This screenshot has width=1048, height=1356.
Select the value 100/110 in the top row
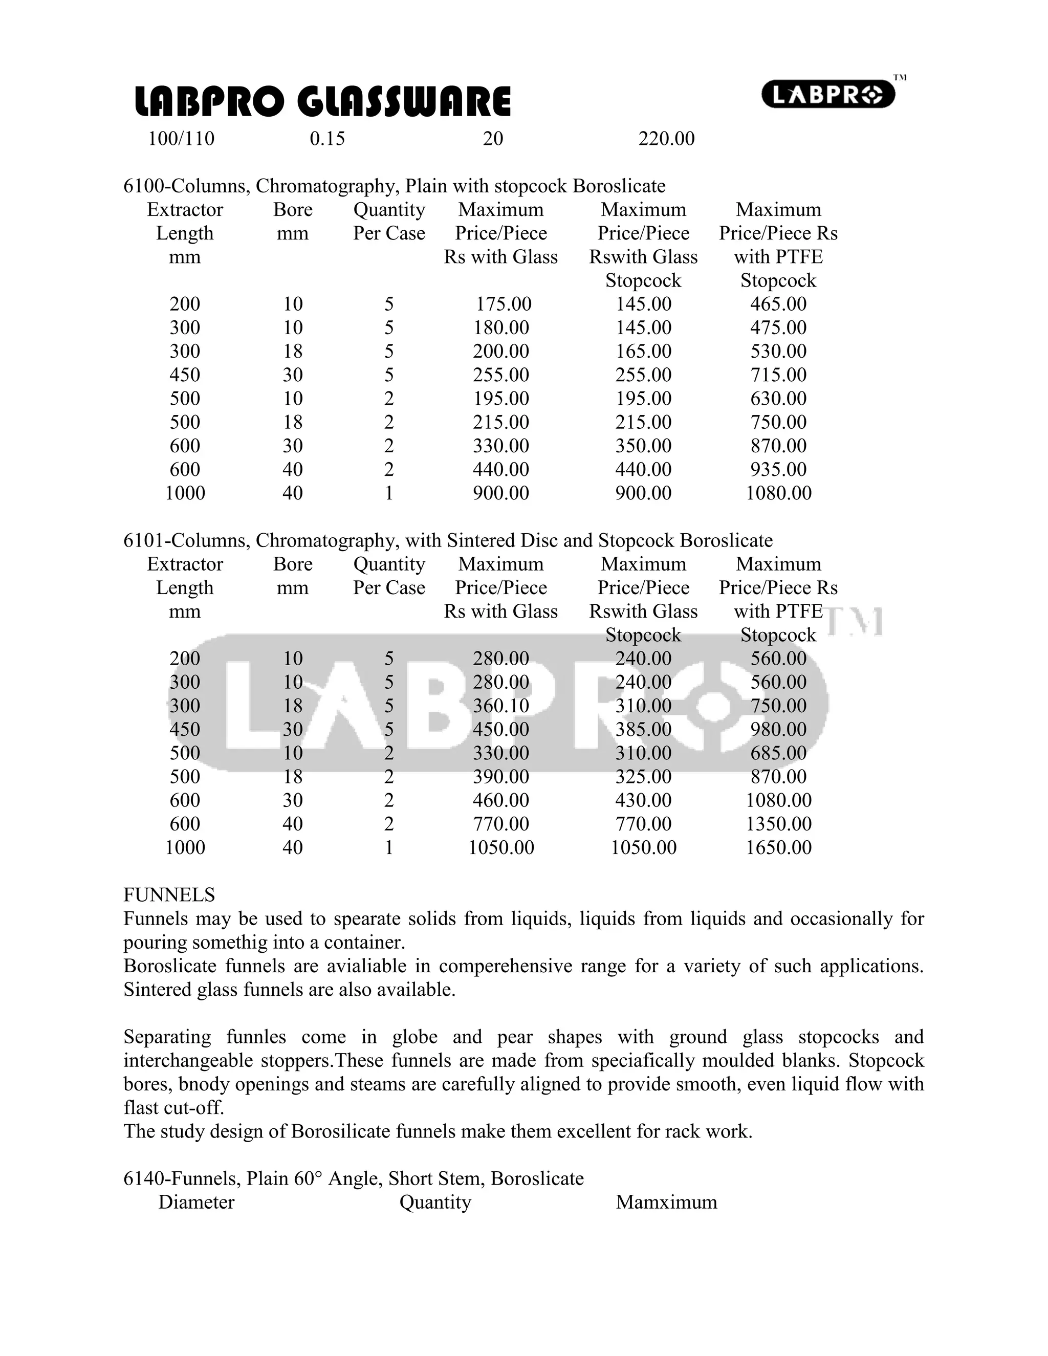coord(181,139)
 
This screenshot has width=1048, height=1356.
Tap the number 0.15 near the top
coord(327,139)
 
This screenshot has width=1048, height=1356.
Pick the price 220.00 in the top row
coord(666,139)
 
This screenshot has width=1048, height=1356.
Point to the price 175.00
coord(504,304)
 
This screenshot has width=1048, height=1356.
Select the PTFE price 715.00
coord(778,375)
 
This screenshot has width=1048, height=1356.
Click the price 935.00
coord(778,469)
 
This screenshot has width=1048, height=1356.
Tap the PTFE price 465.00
coord(778,304)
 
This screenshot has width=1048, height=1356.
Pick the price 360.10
coord(501,706)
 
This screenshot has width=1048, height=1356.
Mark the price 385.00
coord(643,730)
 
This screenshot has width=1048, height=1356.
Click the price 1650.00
coord(778,847)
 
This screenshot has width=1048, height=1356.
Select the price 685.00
coord(778,753)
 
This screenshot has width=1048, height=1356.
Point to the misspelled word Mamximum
coord(666,1202)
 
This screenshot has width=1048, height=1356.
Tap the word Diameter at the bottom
coord(196,1202)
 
